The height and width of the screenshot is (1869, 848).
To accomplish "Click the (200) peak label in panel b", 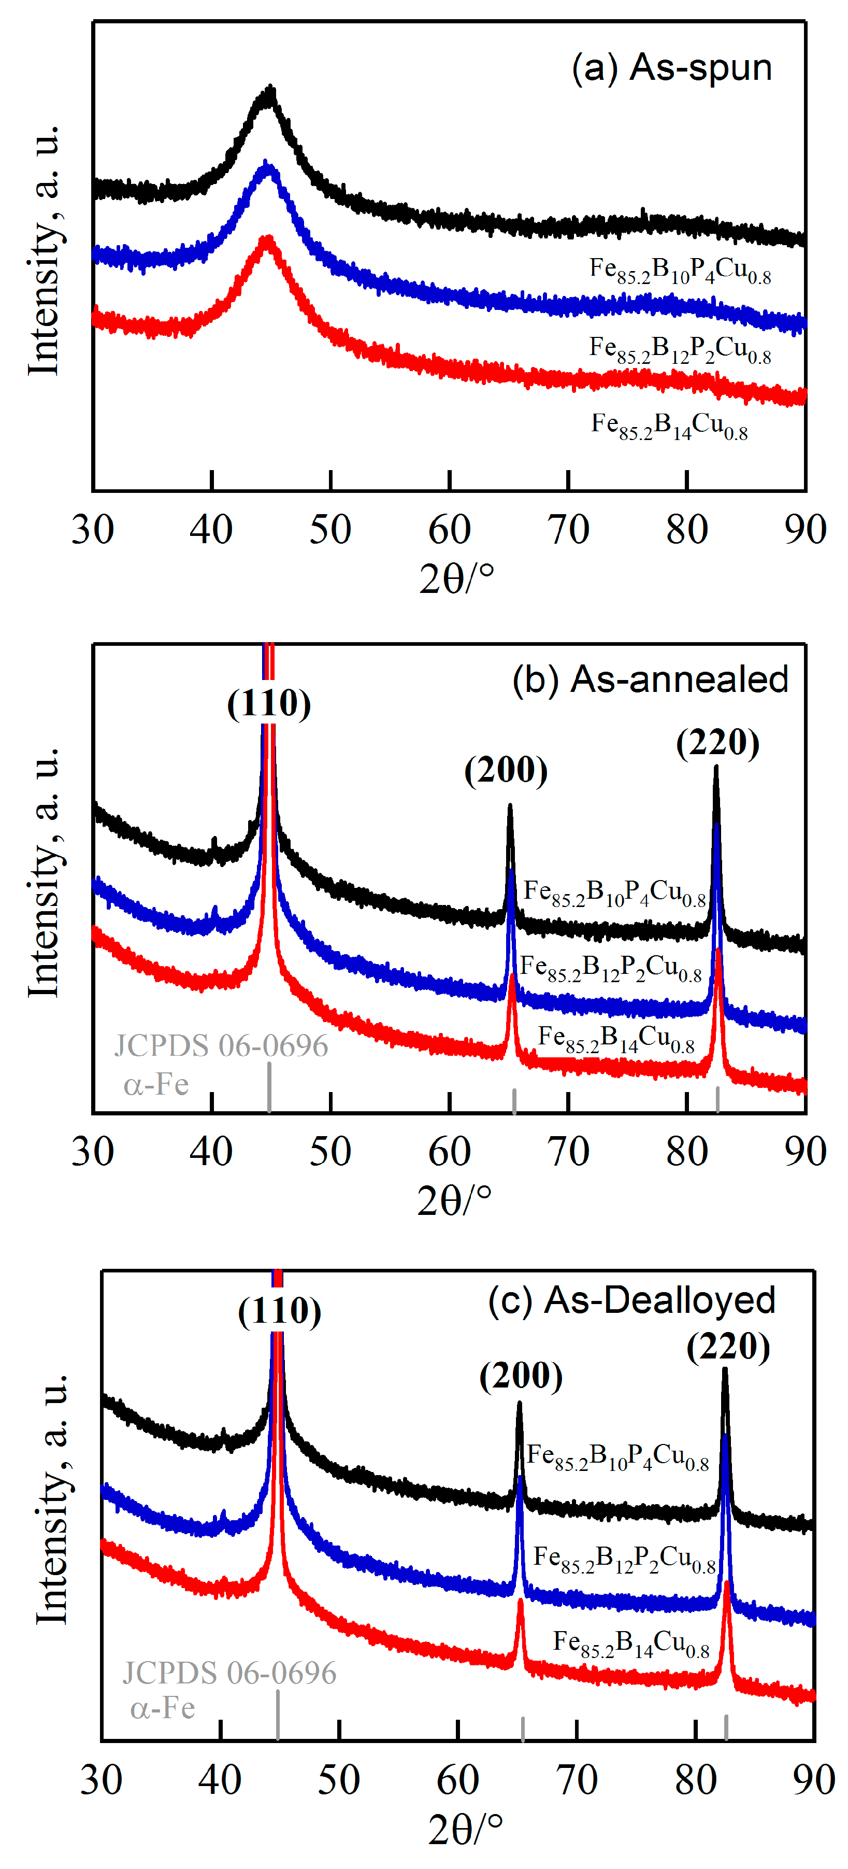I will click(x=506, y=771).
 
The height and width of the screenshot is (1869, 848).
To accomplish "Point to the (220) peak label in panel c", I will click(x=728, y=1348).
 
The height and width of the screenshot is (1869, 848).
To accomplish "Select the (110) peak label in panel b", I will click(x=269, y=704).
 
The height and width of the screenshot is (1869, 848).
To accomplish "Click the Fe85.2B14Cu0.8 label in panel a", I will click(x=669, y=426).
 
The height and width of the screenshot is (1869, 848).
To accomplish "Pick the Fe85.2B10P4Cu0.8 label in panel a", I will click(x=680, y=271).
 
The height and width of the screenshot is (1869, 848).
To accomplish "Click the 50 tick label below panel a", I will click(x=330, y=530).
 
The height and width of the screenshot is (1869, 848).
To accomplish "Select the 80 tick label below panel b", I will click(x=686, y=1152).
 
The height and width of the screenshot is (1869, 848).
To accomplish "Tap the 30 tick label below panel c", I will click(x=101, y=1780).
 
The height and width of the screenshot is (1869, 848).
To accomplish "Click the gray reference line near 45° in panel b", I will click(x=269, y=1087).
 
